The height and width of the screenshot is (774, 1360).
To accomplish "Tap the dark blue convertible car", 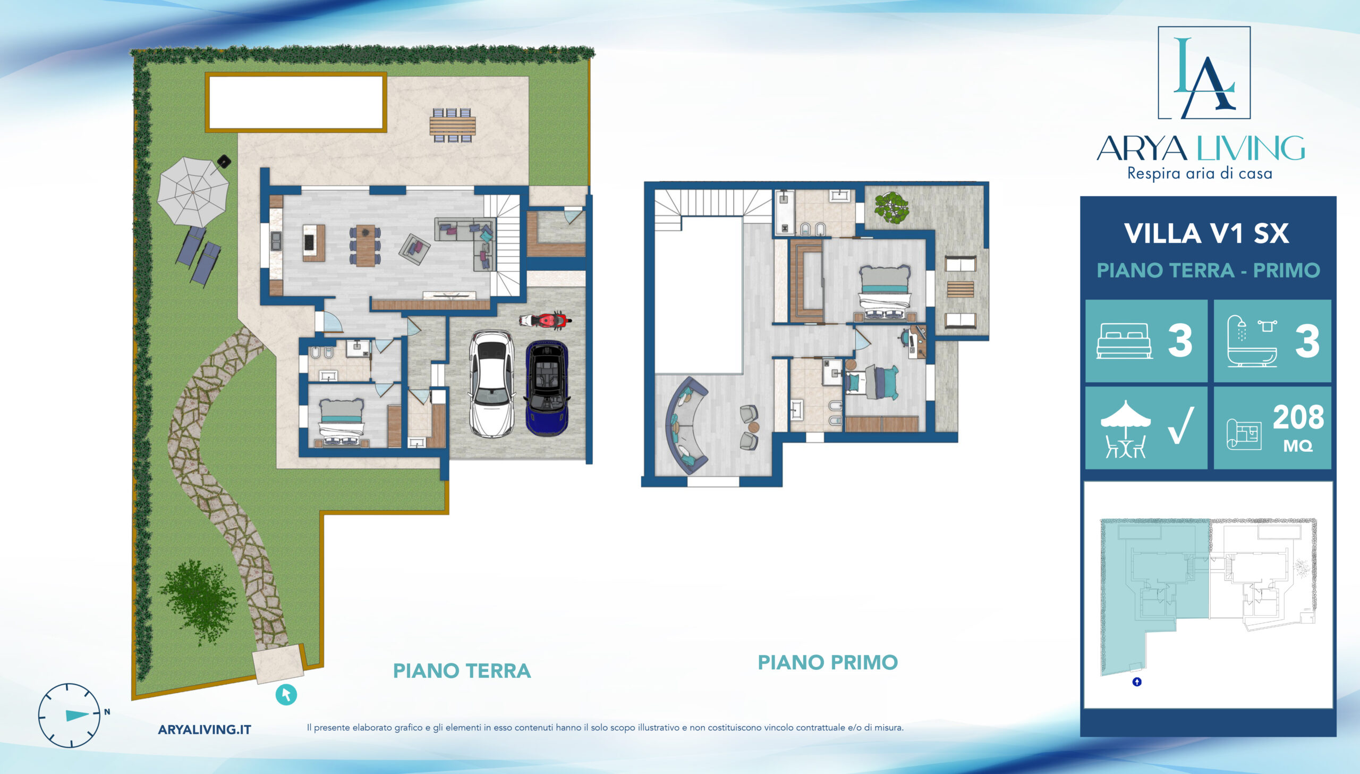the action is coord(547,388).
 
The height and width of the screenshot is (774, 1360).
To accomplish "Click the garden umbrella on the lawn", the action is coord(193,191).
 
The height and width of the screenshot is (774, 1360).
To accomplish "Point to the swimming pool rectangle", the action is coord(296,102).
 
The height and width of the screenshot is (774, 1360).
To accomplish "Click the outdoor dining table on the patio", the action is coord(453,125).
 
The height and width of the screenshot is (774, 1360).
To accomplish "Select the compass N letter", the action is coord(107,712).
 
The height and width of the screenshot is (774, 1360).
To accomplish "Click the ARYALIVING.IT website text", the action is coord(205,729).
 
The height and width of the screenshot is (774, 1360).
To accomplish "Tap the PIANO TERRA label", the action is coord(462,671).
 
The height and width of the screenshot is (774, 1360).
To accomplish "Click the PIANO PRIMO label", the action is coord(828,662).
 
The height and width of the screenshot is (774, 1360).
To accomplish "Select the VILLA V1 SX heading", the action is coord(1206,233).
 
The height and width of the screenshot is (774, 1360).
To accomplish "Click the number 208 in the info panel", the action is coord(1298,417).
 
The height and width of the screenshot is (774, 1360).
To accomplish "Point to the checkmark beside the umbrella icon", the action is coord(1181,425).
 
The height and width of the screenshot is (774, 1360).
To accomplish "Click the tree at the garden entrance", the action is coord(199,601).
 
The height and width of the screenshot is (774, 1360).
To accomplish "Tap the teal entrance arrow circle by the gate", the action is coord(286,694).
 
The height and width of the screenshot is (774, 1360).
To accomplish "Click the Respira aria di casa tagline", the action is coord(1200,174).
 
